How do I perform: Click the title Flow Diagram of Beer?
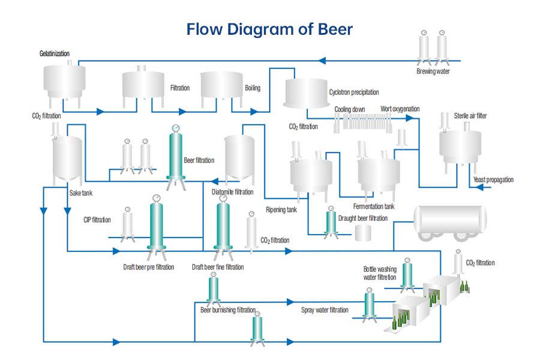pos(269,29)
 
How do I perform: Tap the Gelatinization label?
pos(54,54)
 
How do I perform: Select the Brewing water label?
pos(433,71)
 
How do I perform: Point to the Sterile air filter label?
pos(470,116)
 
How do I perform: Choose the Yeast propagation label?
pos(493,180)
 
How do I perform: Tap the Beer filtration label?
pos(199,160)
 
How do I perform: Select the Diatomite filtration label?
pos(233,193)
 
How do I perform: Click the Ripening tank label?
pos(281,210)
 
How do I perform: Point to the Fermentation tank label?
pos(374,206)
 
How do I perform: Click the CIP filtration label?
pos(97,220)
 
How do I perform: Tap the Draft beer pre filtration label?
pos(148,267)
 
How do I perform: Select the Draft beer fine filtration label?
pos(218,267)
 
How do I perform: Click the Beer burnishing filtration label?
pos(228,310)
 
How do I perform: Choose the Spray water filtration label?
pos(325,310)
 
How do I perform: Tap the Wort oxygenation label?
pos(400,109)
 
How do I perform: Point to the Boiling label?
pos(253,88)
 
